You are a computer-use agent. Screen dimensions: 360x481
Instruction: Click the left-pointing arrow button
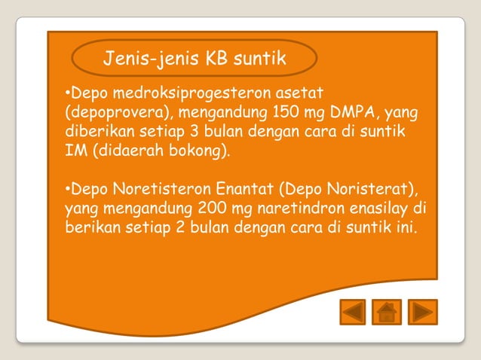(x=353, y=311)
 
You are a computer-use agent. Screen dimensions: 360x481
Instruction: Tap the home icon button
(x=387, y=311)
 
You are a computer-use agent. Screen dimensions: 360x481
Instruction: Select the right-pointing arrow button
(x=423, y=311)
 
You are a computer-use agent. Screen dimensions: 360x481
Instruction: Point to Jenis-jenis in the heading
(x=147, y=58)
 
